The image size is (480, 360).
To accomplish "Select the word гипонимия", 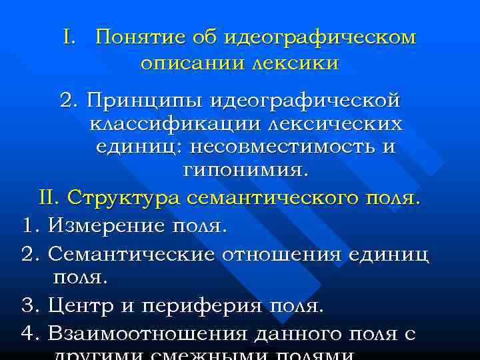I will click(246, 170).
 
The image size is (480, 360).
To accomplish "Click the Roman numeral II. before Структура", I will click(51, 198).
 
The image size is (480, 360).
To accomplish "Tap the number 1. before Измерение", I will click(29, 226).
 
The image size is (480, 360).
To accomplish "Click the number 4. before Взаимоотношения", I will click(29, 333).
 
